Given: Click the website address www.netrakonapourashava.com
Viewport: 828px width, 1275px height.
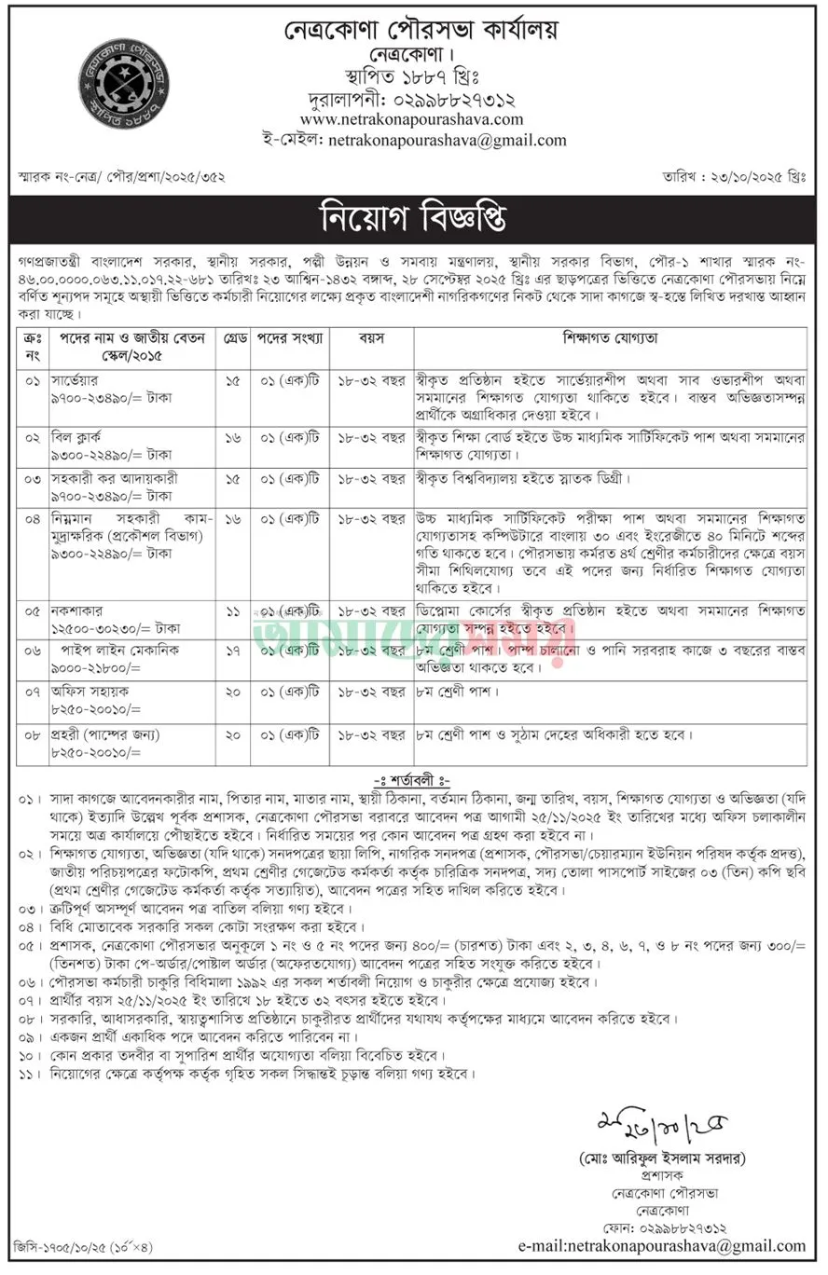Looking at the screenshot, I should pyautogui.click(x=411, y=119).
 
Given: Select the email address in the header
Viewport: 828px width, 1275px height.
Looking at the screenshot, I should pyautogui.click(x=443, y=141).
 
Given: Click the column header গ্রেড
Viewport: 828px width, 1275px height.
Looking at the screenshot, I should pyautogui.click(x=232, y=337).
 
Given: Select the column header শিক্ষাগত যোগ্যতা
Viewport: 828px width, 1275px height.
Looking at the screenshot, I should pyautogui.click(x=610, y=337).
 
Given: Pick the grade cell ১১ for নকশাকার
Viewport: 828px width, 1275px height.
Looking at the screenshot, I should pyautogui.click(x=232, y=611).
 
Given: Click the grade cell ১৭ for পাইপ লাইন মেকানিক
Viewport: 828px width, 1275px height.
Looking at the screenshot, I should pyautogui.click(x=232, y=650).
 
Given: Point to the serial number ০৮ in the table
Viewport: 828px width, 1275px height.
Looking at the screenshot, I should pyautogui.click(x=33, y=734).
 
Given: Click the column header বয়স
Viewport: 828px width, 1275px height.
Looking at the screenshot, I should pyautogui.click(x=372, y=337).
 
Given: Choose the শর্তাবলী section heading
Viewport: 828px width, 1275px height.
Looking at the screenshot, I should pyautogui.click(x=412, y=780).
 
